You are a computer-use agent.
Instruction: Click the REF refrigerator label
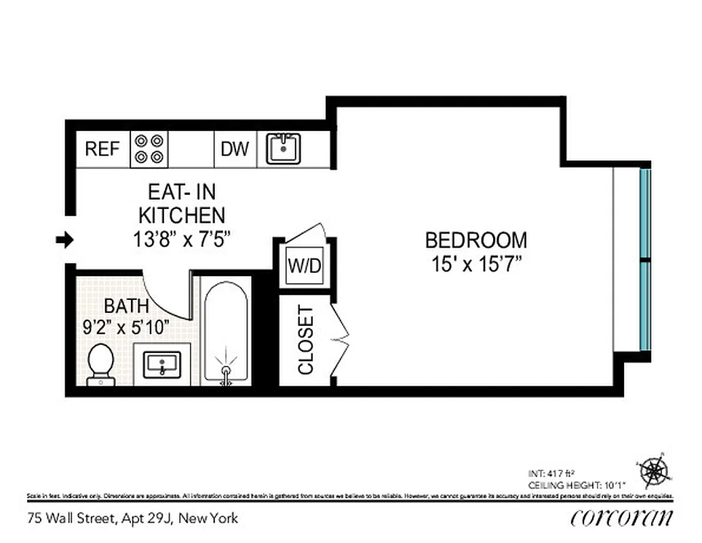click(102, 149)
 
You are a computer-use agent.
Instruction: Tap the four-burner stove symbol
click(149, 149)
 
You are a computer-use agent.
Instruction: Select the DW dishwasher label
click(235, 149)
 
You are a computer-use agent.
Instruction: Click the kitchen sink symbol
click(284, 149)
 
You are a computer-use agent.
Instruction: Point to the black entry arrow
click(64, 239)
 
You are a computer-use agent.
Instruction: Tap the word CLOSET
click(306, 340)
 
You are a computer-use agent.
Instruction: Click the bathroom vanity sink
click(163, 364)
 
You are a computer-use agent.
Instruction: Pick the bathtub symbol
click(226, 333)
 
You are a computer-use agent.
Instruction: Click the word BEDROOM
click(475, 240)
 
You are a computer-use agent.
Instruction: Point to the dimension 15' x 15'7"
click(475, 263)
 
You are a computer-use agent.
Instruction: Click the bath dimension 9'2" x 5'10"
click(125, 326)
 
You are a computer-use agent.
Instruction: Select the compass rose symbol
click(654, 470)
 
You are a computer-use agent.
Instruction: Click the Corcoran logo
click(622, 517)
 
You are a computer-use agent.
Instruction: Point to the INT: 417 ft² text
click(551, 473)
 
